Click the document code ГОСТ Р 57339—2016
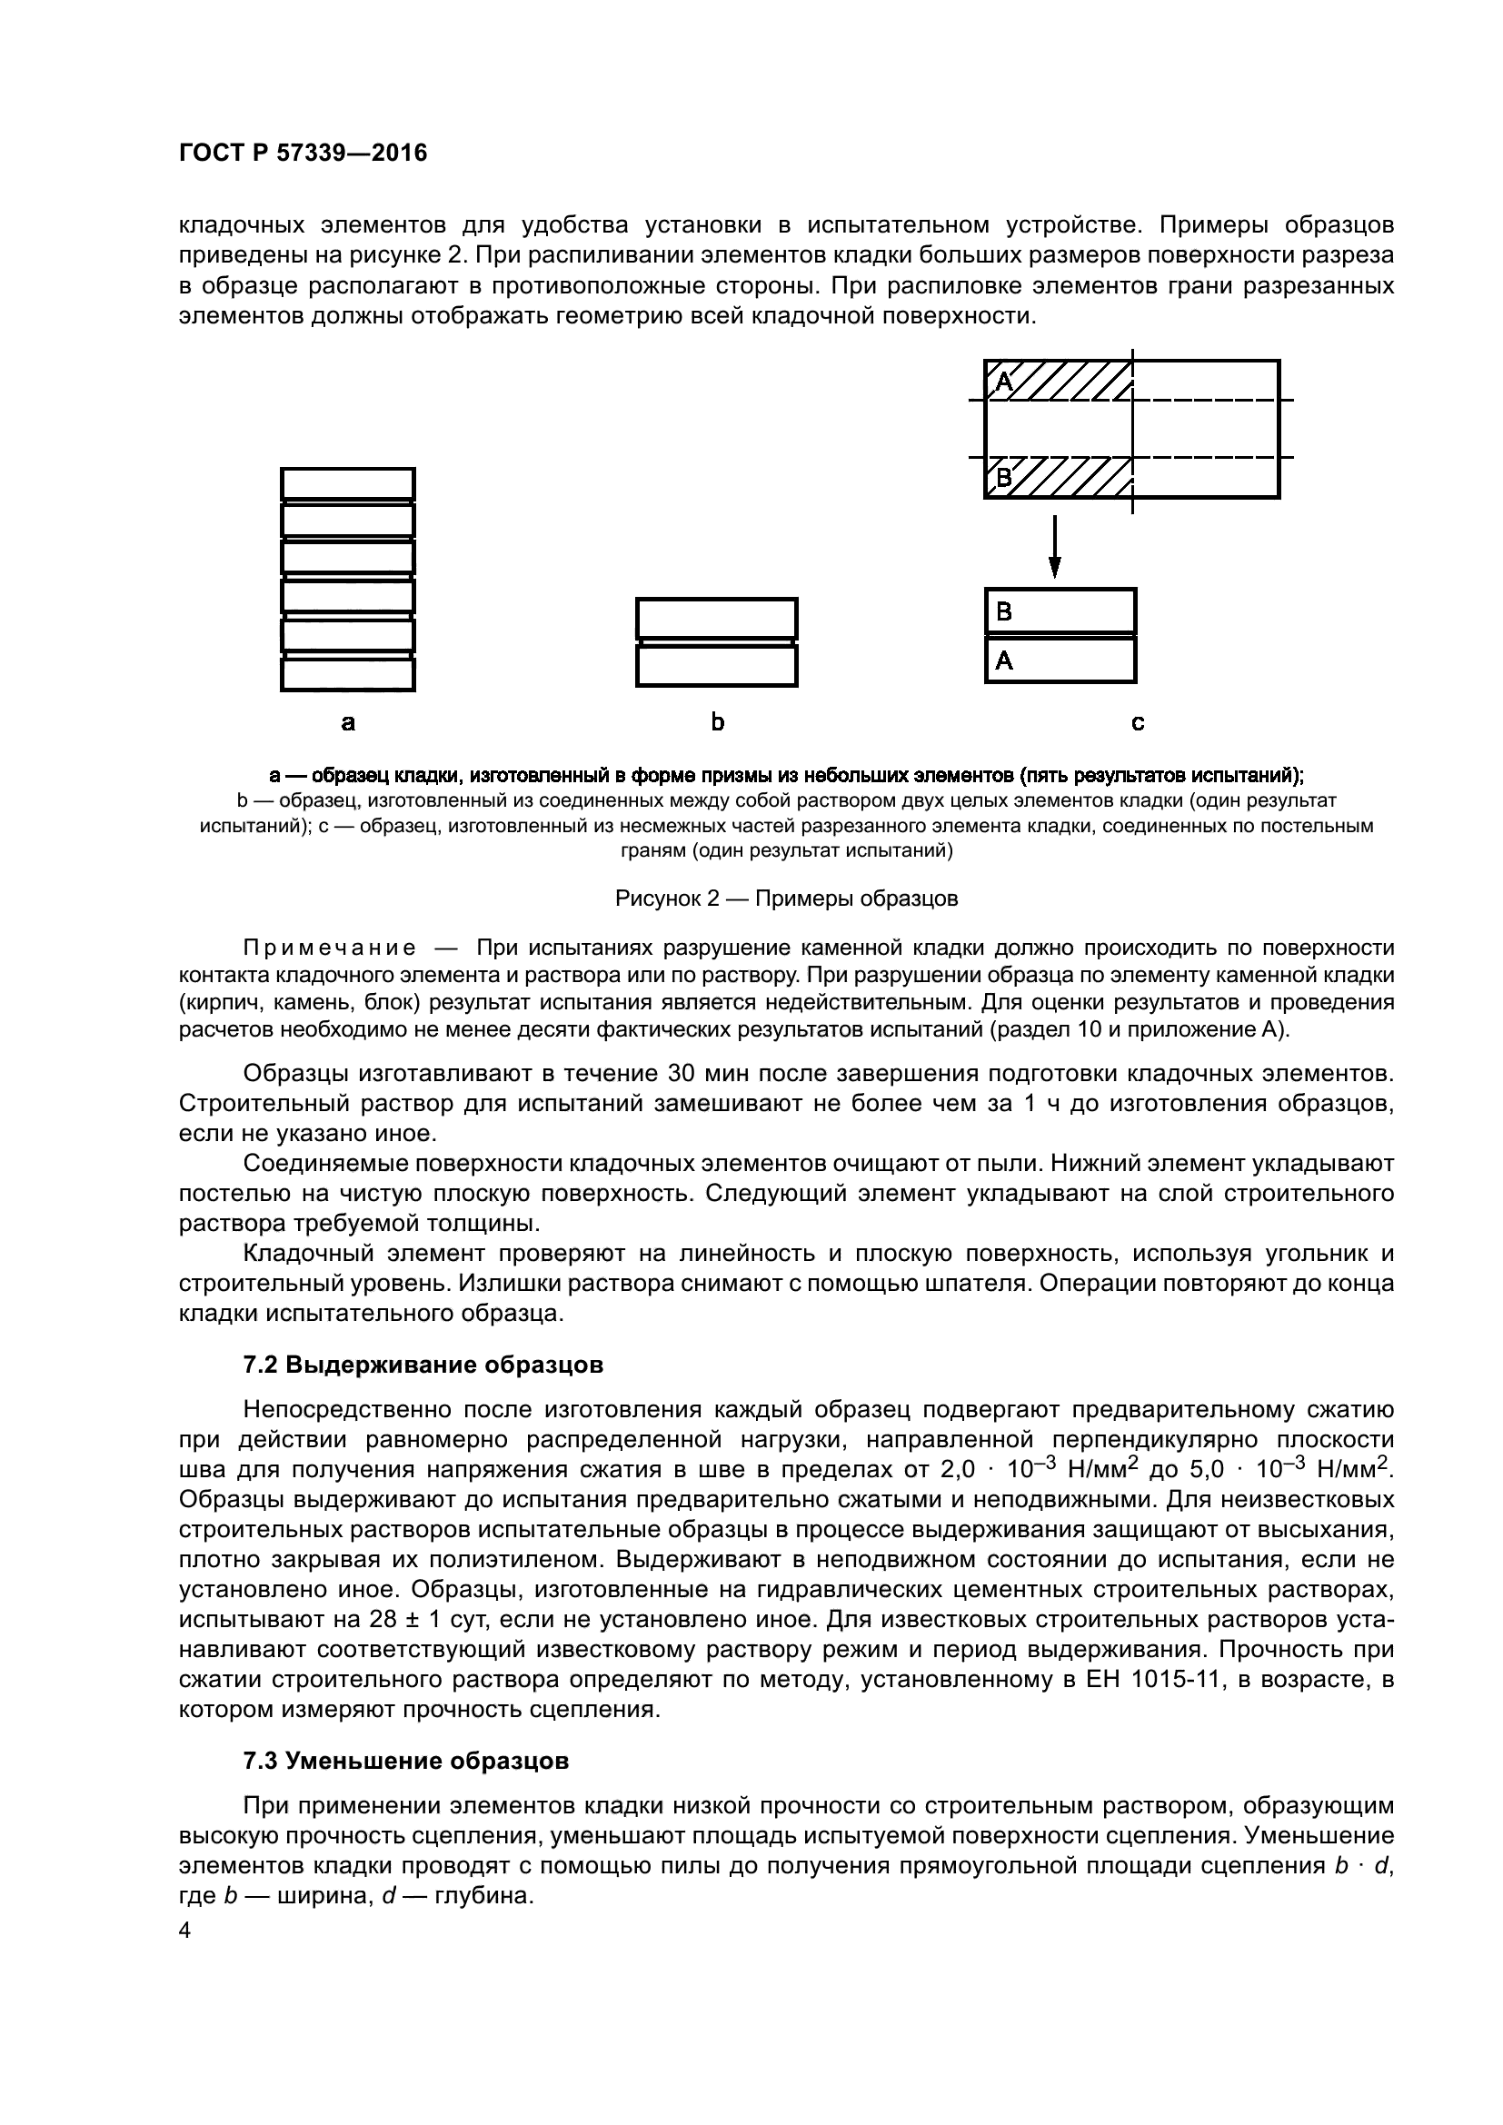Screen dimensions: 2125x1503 (x=303, y=154)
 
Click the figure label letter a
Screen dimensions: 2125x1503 (x=347, y=723)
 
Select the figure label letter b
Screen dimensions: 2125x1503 (x=717, y=723)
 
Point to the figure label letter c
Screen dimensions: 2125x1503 (x=1138, y=723)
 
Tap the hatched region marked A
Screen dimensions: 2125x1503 (x=1060, y=381)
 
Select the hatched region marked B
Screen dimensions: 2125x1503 (x=1060, y=479)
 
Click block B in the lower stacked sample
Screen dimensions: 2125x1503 (x=1060, y=611)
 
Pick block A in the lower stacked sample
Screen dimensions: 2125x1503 (x=1060, y=660)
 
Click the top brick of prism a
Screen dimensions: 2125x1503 (x=348, y=483)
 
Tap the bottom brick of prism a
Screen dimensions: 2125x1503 (x=348, y=675)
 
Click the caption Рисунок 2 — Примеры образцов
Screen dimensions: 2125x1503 (x=787, y=899)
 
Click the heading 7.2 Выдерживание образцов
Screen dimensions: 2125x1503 (x=423, y=1365)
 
